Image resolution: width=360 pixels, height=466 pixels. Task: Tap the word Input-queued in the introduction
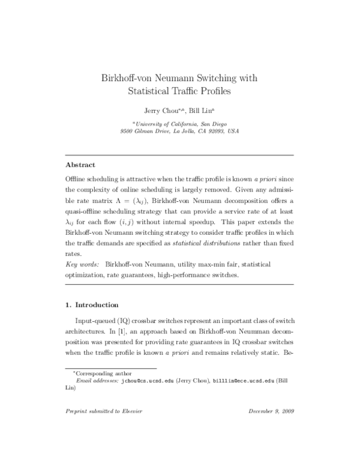click(x=94, y=320)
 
